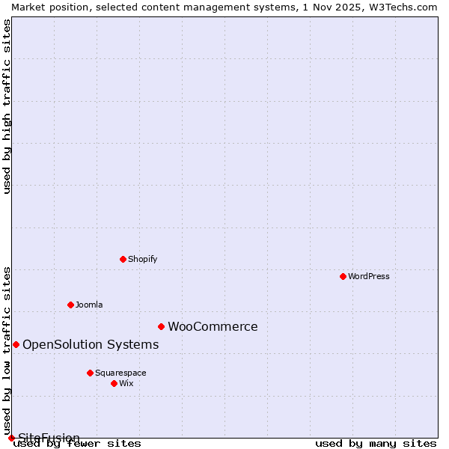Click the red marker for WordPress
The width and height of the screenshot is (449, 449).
343,276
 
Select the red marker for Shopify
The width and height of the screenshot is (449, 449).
123,259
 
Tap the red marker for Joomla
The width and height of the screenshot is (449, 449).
70,305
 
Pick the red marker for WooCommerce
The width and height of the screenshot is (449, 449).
161,326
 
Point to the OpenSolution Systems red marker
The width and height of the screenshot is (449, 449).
16,344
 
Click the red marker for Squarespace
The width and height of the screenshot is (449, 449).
90,373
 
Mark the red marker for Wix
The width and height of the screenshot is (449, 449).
114,383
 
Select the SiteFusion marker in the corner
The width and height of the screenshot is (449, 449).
11,438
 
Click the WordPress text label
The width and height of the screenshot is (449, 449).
369,276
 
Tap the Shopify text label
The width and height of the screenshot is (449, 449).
142,259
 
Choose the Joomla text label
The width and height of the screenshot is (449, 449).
89,305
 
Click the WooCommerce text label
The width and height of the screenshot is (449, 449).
213,326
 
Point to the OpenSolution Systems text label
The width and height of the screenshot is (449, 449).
91,344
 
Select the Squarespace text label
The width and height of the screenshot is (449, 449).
120,373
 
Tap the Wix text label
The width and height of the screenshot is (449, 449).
126,383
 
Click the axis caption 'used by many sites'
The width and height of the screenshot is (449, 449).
376,443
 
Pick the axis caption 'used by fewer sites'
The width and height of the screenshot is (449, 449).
77,443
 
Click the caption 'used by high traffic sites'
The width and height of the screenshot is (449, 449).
7,106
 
